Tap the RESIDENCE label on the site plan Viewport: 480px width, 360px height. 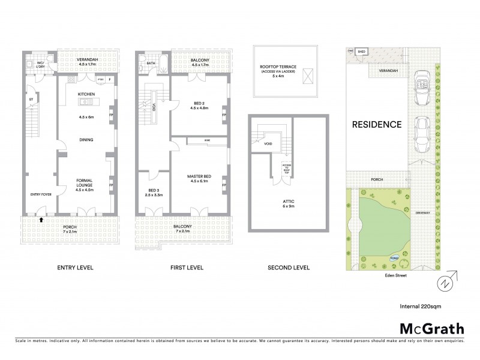tap(376, 125)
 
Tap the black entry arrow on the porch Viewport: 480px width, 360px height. tap(41, 220)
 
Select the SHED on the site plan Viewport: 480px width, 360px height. tap(362, 52)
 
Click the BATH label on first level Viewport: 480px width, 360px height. tap(152, 62)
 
